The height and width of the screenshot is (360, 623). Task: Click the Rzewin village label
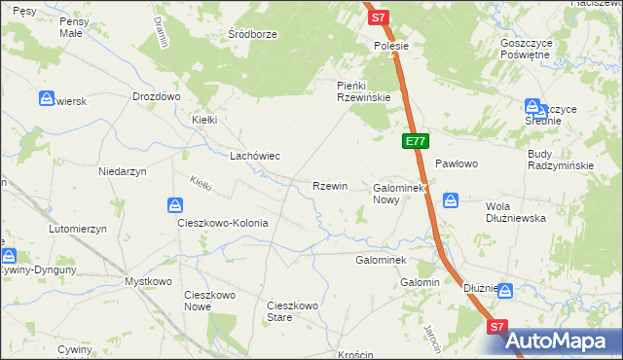[329, 186]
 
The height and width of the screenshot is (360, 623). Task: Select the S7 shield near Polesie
[380, 17]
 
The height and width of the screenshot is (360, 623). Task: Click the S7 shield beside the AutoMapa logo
[497, 328]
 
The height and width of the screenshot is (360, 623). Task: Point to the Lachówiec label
[255, 156]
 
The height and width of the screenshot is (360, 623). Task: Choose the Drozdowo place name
[157, 97]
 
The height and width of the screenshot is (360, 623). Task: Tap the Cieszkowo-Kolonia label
[222, 223]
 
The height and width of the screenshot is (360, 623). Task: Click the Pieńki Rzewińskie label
[363, 92]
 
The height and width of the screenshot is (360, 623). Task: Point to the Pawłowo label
[457, 164]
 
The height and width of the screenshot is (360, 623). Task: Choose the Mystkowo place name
[148, 281]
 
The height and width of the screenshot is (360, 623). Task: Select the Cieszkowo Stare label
[293, 311]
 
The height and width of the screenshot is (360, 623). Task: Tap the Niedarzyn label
[123, 171]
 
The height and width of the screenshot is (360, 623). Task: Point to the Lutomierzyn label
[77, 229]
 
